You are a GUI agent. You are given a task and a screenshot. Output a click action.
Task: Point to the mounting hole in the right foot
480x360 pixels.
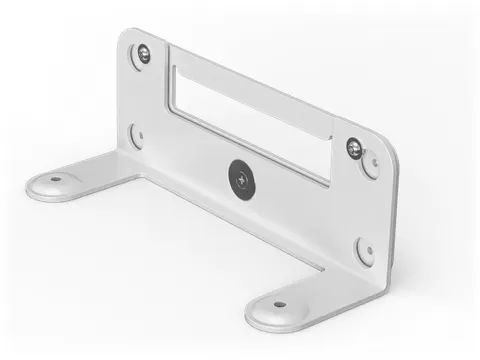click(x=279, y=304)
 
